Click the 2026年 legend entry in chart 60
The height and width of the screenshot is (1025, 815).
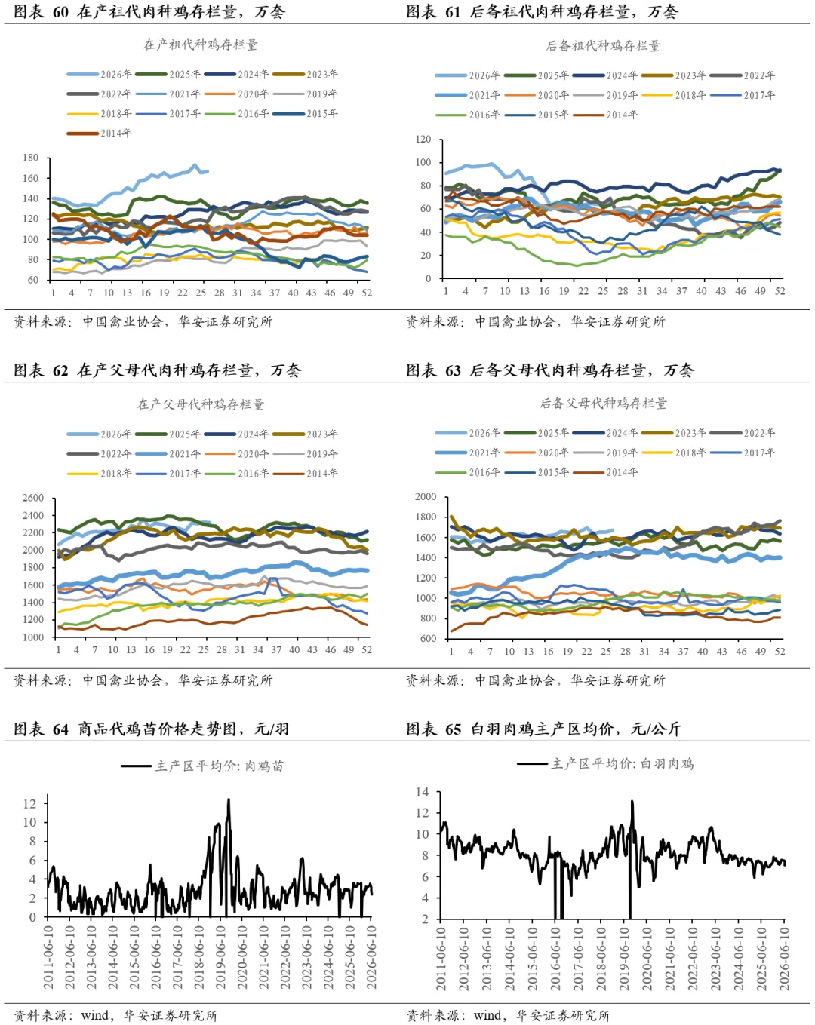(99, 75)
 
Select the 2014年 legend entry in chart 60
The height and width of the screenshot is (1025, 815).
(99, 133)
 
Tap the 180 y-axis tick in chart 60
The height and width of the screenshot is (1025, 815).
(30, 158)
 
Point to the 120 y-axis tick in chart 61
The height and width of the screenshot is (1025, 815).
(423, 139)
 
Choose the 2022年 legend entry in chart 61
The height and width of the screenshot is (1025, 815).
(743, 75)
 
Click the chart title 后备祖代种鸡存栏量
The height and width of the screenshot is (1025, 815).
(603, 46)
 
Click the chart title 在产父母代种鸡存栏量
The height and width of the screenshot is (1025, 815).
(201, 404)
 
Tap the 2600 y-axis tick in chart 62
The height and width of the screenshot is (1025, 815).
(33, 498)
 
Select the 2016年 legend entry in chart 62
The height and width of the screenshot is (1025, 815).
(237, 474)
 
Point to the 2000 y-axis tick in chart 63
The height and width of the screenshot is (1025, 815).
(426, 497)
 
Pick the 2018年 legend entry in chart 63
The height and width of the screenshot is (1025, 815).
(674, 453)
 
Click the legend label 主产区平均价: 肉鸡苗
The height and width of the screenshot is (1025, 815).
(202, 766)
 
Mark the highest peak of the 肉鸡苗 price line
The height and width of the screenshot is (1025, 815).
(229, 799)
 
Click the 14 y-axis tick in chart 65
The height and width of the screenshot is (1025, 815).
(423, 792)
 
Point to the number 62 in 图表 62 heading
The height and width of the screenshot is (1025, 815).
(60, 370)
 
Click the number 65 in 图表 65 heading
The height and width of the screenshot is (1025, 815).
(454, 729)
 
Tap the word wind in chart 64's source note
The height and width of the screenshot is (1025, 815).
(95, 1015)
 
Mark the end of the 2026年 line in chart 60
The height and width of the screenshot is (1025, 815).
(208, 171)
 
